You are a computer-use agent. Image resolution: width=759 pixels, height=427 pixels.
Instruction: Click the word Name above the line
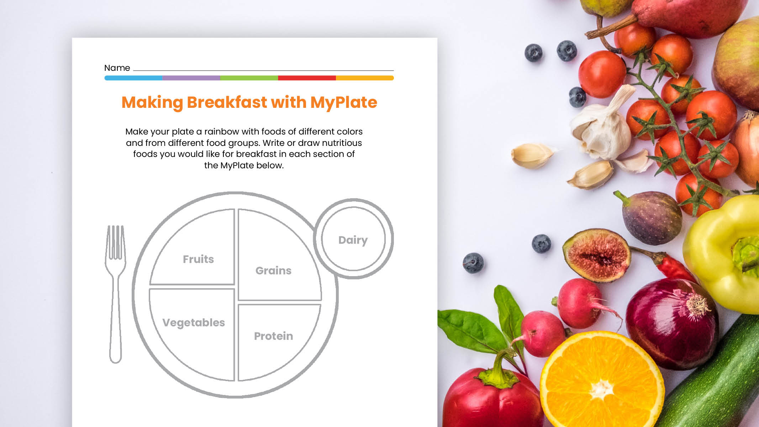pyautogui.click(x=117, y=68)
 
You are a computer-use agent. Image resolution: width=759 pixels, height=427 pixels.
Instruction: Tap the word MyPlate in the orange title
pyautogui.click(x=343, y=102)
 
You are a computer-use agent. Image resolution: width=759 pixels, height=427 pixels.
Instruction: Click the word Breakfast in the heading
pyautogui.click(x=227, y=102)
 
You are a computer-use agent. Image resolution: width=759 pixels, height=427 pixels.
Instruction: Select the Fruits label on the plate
pyautogui.click(x=198, y=259)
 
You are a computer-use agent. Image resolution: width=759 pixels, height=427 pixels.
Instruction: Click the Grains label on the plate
pyautogui.click(x=273, y=270)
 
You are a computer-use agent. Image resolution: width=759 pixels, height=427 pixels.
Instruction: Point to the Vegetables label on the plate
pyautogui.click(x=194, y=322)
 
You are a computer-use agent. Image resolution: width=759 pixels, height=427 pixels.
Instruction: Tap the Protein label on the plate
pyautogui.click(x=273, y=336)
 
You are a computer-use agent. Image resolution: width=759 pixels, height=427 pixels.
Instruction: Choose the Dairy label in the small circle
pyautogui.click(x=353, y=240)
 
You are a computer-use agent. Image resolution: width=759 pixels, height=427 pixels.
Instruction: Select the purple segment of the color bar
pyautogui.click(x=191, y=78)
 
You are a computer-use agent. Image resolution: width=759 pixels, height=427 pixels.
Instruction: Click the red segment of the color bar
pyautogui.click(x=307, y=78)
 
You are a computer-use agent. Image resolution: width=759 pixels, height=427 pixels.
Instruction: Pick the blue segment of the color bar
pyautogui.click(x=133, y=78)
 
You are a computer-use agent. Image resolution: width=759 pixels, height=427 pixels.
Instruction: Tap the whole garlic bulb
pyautogui.click(x=601, y=128)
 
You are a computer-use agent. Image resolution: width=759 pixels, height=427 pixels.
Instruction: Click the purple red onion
pyautogui.click(x=671, y=324)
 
